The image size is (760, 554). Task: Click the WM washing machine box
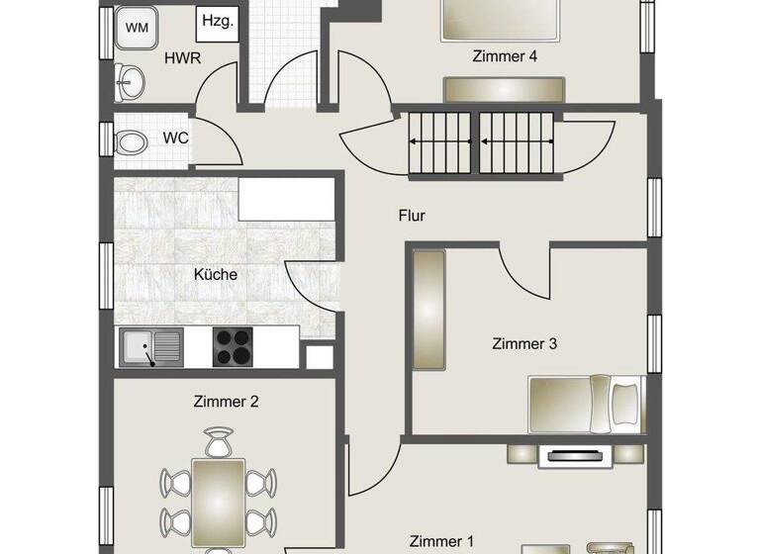coord(136,28)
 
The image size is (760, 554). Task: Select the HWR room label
coord(183,57)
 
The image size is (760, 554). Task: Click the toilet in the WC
coord(129,142)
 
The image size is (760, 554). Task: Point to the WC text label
coord(175,138)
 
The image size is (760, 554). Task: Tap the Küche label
coord(216,274)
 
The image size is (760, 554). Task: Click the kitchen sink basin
coord(137,346)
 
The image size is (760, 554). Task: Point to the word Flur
coord(412,215)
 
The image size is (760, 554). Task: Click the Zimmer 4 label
coord(505,56)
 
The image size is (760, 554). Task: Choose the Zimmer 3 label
coord(524,343)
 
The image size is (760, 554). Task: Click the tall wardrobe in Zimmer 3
coord(429,310)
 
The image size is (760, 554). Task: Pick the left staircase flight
coord(440,141)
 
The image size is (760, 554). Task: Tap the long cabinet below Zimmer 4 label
coord(505,89)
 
